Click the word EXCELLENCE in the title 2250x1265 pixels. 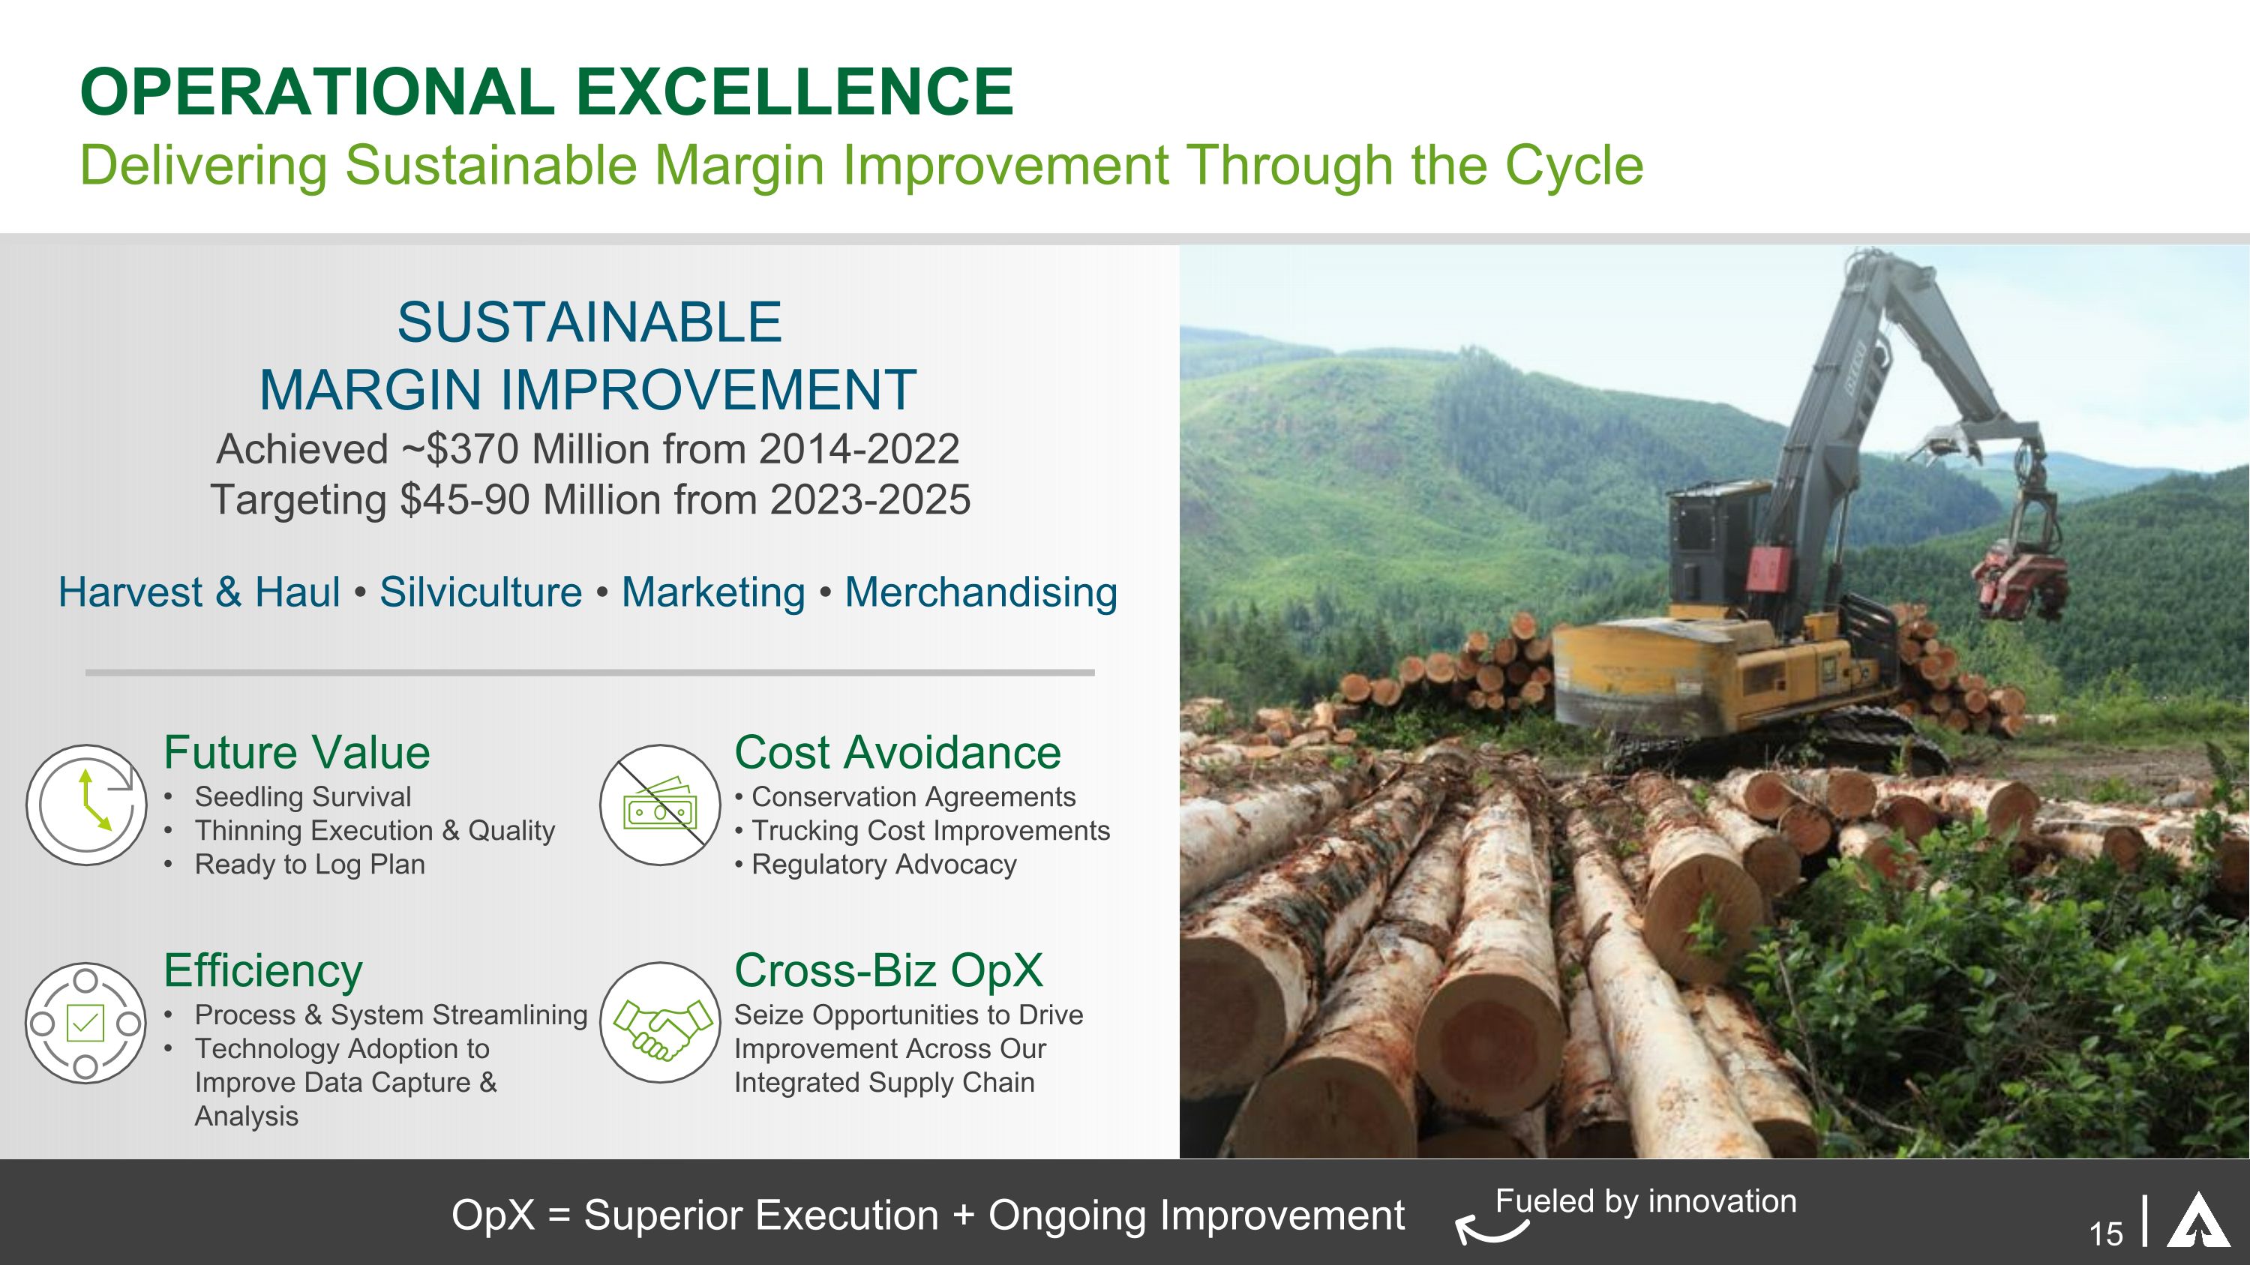tap(794, 91)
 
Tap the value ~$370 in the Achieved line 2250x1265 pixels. tap(460, 450)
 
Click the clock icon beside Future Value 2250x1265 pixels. tap(86, 805)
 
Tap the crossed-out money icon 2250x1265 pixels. tap(660, 805)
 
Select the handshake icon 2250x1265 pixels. tap(660, 1024)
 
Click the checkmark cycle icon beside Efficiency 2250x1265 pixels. tap(85, 1024)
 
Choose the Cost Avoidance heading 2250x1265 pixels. tap(897, 753)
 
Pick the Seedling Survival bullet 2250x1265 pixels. tap(302, 797)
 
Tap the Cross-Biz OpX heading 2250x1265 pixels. tap(888, 971)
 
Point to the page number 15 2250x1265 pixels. tap(2106, 1234)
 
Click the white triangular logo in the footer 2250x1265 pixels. tap(2198, 1222)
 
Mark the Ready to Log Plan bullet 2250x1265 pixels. tap(309, 865)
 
